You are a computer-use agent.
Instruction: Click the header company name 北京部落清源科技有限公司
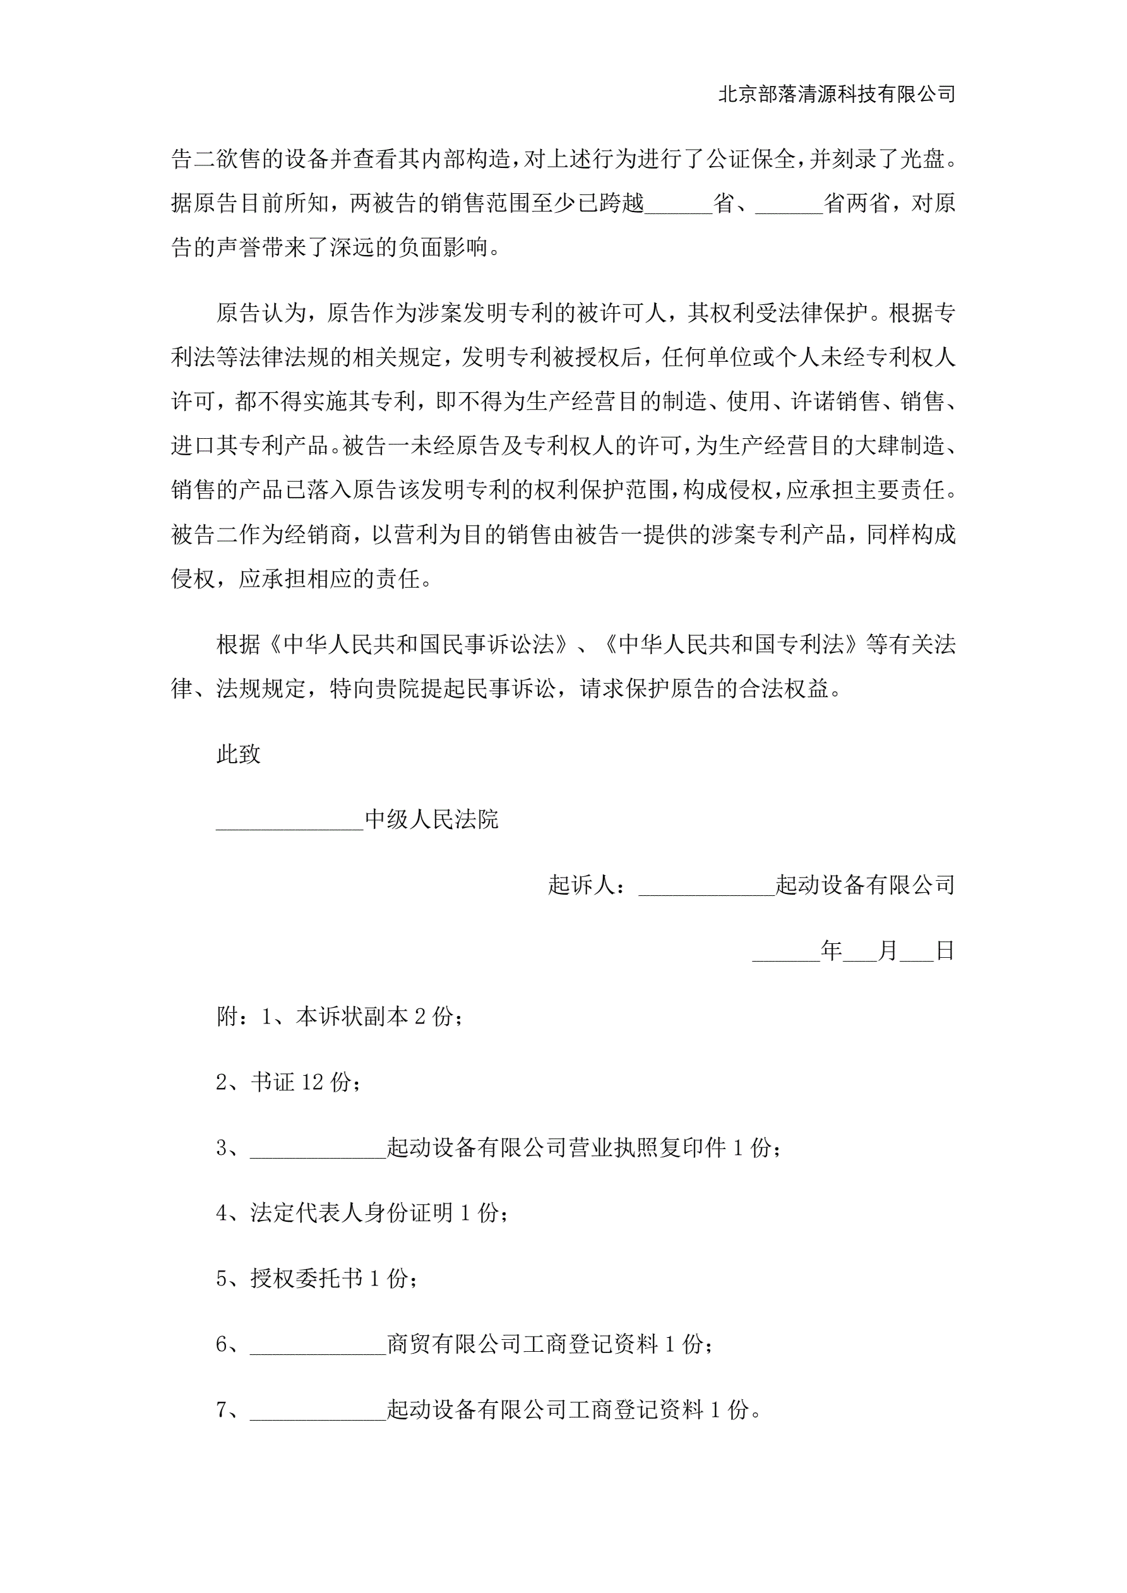tap(836, 94)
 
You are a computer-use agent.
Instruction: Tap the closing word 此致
tap(238, 754)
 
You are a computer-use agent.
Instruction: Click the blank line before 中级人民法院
tap(289, 820)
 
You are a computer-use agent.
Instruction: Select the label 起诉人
tap(581, 885)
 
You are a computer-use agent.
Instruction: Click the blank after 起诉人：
tap(706, 886)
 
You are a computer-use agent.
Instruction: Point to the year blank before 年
tap(785, 952)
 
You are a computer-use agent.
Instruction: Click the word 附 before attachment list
tap(227, 1017)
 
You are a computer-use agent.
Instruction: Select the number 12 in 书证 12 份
tap(313, 1083)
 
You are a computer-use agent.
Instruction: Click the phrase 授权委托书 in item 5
tap(306, 1279)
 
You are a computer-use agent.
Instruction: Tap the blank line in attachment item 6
tap(317, 1346)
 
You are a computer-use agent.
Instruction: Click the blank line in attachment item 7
tap(317, 1411)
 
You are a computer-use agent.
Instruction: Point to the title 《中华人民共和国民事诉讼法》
tap(414, 645)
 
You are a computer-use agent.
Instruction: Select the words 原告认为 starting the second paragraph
tap(261, 314)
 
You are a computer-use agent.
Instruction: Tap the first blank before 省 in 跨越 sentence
tap(678, 205)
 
